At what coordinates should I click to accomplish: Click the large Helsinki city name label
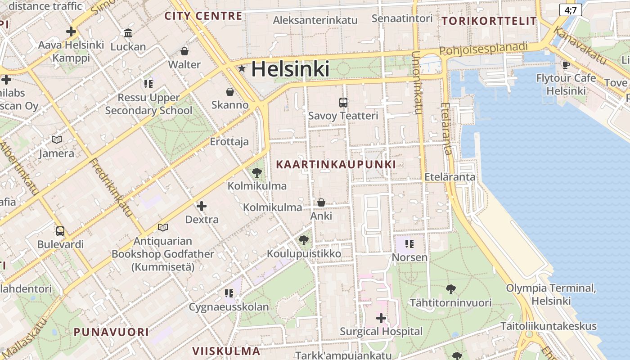tap(290, 69)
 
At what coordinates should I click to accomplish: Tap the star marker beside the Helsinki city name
tap(242, 69)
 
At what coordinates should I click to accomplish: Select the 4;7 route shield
tap(571, 10)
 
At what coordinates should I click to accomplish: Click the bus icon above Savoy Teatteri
tap(343, 102)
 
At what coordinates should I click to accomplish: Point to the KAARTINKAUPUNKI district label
tap(336, 165)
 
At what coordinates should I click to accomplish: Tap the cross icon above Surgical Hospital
tap(381, 318)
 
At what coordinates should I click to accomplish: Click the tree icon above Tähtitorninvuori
tap(450, 289)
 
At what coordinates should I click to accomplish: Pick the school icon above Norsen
tap(409, 244)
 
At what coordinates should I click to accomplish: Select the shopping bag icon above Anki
tap(321, 202)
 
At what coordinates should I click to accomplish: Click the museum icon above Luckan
tap(128, 33)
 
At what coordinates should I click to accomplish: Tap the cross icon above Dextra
tap(202, 206)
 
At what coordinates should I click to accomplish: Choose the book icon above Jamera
tap(57, 140)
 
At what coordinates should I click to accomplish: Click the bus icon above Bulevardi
tap(60, 231)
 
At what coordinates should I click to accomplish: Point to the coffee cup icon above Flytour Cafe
tap(566, 65)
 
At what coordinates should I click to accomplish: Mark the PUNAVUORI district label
tap(111, 332)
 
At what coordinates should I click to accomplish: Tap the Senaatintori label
tap(402, 18)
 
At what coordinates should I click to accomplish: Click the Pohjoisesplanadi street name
tap(483, 48)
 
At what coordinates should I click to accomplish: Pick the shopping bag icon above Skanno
tap(230, 92)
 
